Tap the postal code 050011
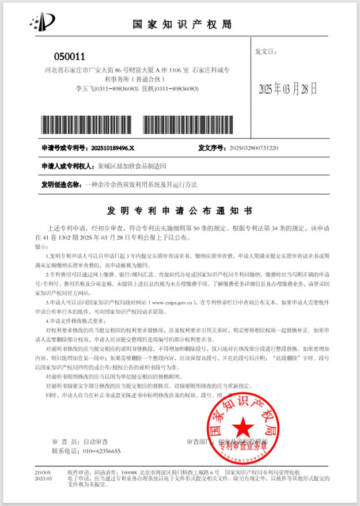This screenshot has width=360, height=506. pyautogui.click(x=69, y=56)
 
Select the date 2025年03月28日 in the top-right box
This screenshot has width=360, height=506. pyautogui.click(x=288, y=89)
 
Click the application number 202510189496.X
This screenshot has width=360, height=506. pyautogui.click(x=113, y=148)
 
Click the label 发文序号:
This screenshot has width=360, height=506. pyautogui.click(x=211, y=148)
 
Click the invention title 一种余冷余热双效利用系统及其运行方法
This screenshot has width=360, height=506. pyautogui.click(x=141, y=184)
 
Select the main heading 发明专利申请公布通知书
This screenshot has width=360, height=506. pyautogui.click(x=180, y=211)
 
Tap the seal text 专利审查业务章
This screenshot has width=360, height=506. pyautogui.click(x=242, y=444)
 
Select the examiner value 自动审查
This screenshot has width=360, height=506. pyautogui.click(x=96, y=442)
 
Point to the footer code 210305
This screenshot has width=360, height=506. pyautogui.click(x=43, y=471)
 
